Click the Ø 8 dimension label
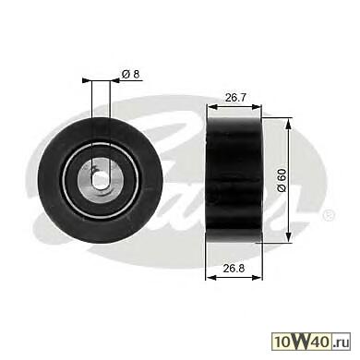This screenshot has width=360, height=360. (131, 74)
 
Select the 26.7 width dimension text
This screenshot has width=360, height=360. (235, 98)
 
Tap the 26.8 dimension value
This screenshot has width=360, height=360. (234, 269)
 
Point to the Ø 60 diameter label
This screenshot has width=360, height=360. (282, 180)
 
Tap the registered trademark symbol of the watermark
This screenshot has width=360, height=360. (329, 214)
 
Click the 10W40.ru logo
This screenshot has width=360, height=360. (311, 342)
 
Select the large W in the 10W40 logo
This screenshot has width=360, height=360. (300, 342)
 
